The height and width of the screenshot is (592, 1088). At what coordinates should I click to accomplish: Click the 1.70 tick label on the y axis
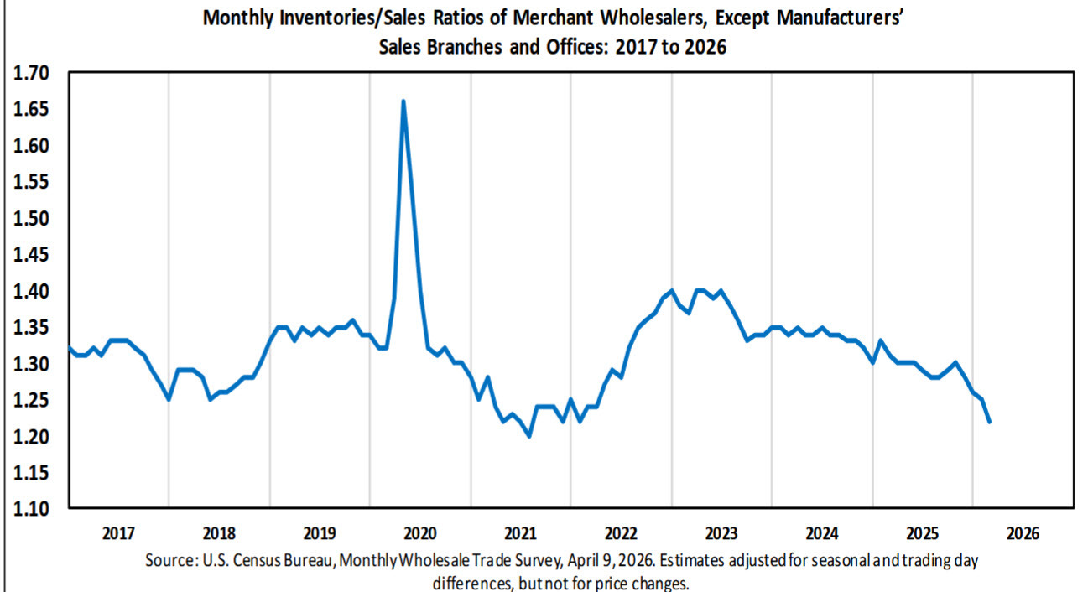coord(32,74)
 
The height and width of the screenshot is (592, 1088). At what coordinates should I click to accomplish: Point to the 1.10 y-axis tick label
coord(32,509)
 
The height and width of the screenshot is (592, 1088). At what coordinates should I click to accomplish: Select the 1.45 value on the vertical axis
coord(32,255)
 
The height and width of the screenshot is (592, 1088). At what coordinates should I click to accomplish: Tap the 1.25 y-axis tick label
coord(32,400)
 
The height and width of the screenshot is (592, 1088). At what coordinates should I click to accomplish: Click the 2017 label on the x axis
coord(118,533)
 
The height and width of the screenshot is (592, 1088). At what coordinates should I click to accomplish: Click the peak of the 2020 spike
coord(403,101)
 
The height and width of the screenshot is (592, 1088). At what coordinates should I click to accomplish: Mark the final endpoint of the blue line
coord(990,422)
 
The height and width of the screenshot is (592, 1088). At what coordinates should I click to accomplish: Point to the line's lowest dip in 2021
coord(529,436)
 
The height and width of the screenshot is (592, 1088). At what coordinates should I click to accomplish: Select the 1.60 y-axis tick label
coord(32,146)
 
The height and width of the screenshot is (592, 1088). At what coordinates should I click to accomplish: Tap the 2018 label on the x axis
coord(219,533)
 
